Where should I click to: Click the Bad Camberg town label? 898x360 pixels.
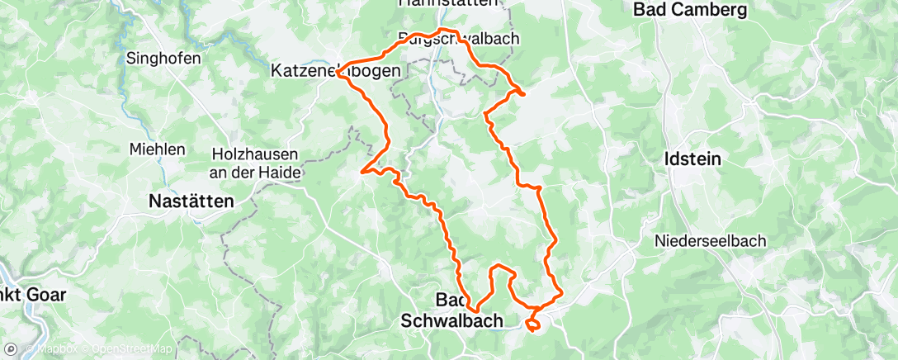point(690,10)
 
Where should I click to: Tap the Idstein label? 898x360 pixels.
point(692,158)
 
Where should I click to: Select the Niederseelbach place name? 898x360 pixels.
point(710,241)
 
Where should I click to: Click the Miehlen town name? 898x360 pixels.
point(157,149)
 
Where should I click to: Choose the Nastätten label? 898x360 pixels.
point(191,201)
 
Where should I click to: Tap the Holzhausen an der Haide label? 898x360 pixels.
point(257,163)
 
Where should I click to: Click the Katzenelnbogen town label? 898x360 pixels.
point(336,72)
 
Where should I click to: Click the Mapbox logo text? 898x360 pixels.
point(57,349)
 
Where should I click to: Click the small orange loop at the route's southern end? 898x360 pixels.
point(532,324)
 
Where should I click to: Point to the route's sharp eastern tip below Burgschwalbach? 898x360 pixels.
point(524,94)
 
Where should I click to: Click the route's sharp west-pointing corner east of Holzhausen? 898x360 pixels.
point(362,173)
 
